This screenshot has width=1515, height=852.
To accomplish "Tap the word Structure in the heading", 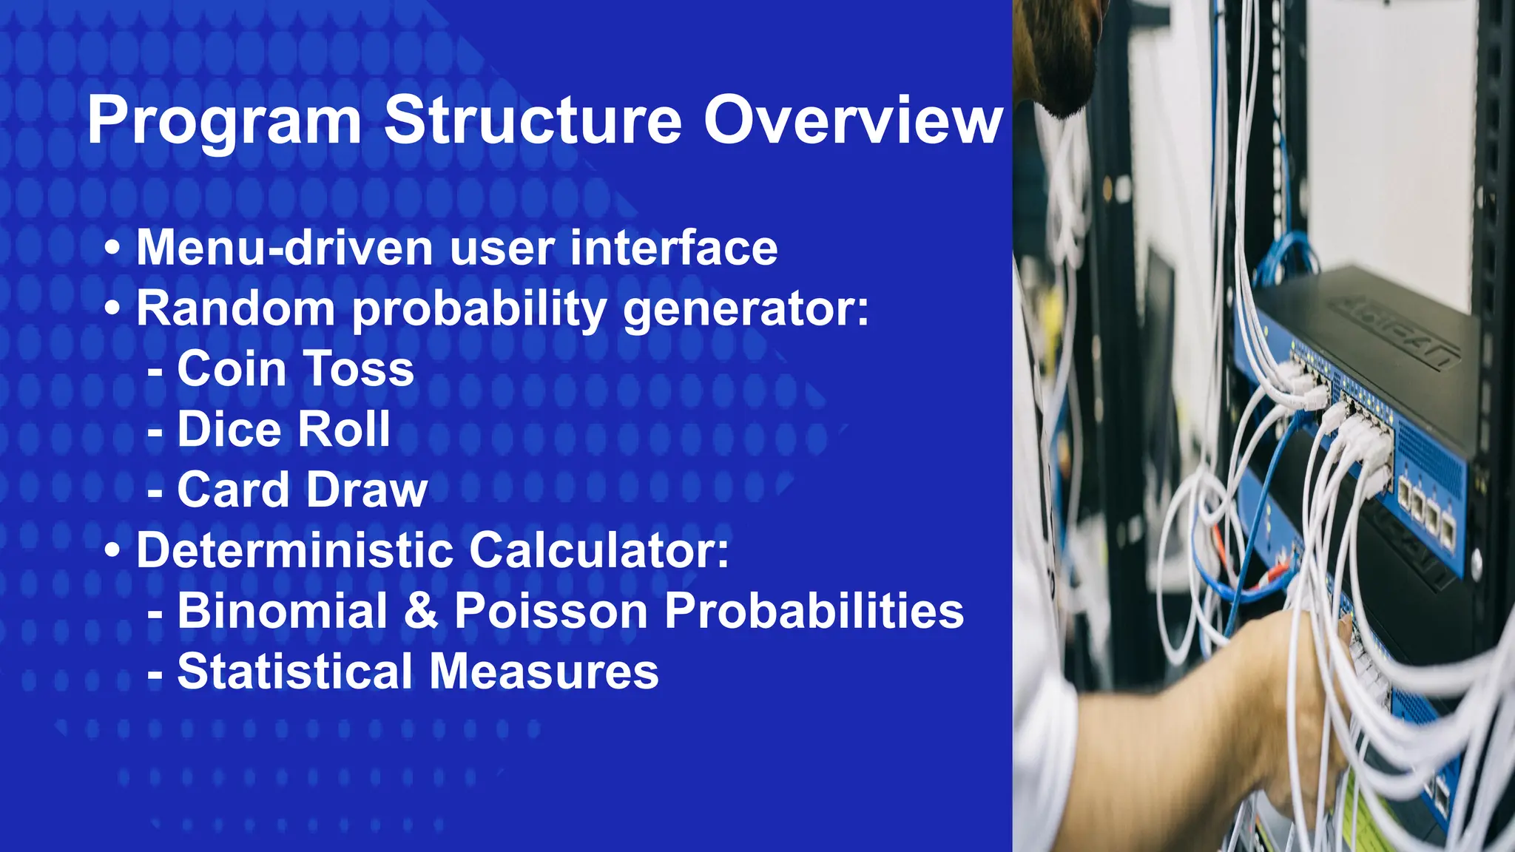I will pos(533,121).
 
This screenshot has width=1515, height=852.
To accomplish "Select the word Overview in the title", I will pos(852,121).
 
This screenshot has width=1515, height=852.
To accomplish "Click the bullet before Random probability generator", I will pos(112,309).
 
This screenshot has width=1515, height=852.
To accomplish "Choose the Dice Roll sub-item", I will pos(283,430).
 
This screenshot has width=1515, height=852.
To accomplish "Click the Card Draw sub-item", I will pos(302,490).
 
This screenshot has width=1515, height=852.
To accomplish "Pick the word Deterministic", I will pos(294,551).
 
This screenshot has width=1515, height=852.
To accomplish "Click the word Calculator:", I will pos(599,551).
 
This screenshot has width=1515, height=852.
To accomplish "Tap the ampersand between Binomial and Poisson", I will pos(421,612).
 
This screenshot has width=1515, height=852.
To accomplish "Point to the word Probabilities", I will pos(814,612).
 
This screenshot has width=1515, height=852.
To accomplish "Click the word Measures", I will pos(544,672).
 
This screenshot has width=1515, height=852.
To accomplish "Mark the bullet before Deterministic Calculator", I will pos(112,551).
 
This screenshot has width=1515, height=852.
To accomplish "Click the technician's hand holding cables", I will pos(1287,666).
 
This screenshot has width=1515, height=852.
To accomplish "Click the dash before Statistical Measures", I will pos(155,674).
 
